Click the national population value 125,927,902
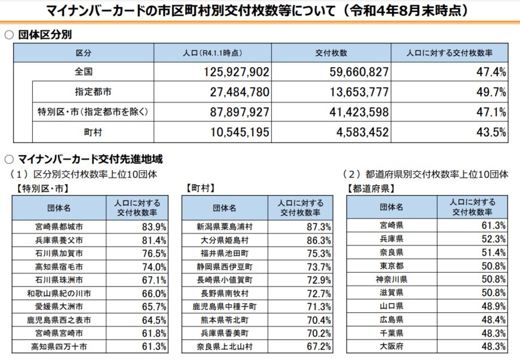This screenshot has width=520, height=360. point(234,72)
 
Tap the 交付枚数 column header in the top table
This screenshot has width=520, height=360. point(331,53)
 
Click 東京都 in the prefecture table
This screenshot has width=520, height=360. point(391,265)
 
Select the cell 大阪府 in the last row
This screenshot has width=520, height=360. point(391,346)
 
